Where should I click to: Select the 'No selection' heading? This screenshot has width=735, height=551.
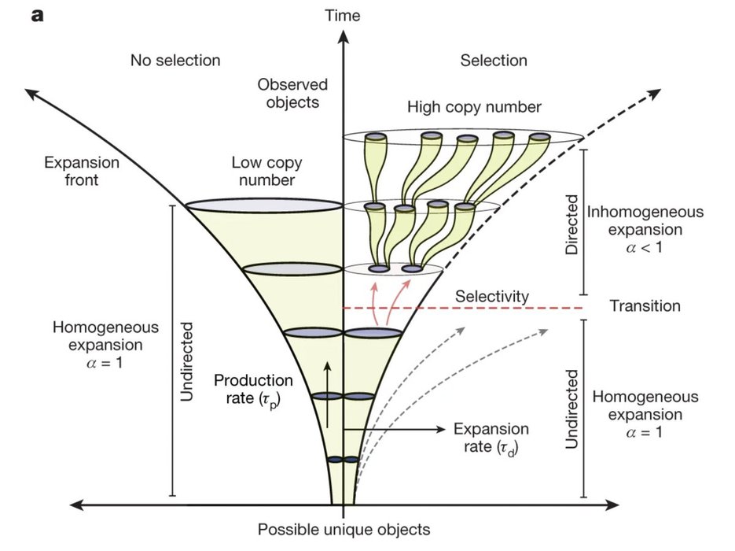pos(175,61)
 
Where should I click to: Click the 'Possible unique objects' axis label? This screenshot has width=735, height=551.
pos(344,529)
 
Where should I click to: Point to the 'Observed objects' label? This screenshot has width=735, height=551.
pos(292,93)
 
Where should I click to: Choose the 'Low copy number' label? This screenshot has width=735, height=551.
pos(263,172)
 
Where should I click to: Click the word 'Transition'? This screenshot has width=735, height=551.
pos(645,305)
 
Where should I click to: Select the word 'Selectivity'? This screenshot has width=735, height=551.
pos(492,296)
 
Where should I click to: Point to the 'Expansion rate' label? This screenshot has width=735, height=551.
pos(492,438)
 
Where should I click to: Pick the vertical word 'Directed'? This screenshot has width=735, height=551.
pos(572,224)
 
